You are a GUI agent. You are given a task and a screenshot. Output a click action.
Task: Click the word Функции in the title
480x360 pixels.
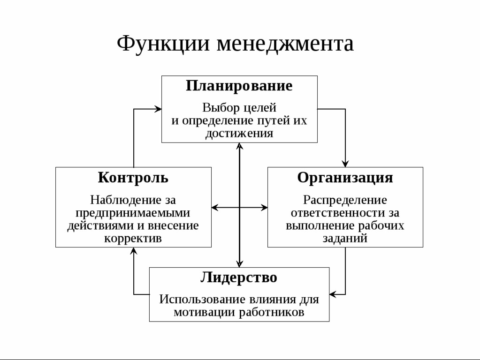[163, 44]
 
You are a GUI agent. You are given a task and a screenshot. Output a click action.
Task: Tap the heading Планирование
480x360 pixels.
[239, 86]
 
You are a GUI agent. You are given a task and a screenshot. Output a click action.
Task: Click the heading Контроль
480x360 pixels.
[133, 177]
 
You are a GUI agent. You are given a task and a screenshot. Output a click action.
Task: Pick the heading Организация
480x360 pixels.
[345, 178]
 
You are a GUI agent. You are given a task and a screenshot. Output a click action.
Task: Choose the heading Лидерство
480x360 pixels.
[239, 277]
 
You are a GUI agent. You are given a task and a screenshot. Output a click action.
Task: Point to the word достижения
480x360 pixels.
[239, 133]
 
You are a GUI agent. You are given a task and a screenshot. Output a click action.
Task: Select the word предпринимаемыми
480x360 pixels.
[133, 213]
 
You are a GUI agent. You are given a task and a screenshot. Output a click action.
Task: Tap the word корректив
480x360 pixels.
[133, 239]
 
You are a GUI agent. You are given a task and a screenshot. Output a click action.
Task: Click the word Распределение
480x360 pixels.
[345, 200]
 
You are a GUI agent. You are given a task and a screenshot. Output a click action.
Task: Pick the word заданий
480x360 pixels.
[345, 239]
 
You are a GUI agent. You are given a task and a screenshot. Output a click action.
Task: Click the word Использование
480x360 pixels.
[202, 299]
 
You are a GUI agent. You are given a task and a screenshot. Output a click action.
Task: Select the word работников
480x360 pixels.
[272, 312]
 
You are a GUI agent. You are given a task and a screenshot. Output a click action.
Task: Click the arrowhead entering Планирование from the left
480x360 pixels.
[158, 109]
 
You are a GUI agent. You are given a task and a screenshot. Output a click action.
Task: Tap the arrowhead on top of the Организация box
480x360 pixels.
[345, 164]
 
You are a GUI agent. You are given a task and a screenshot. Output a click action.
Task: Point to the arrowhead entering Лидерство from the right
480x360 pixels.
[333, 294]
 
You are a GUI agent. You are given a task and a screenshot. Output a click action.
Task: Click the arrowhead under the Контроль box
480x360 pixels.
[133, 251]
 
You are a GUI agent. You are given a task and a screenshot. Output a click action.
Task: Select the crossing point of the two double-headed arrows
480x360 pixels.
[239, 208]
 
